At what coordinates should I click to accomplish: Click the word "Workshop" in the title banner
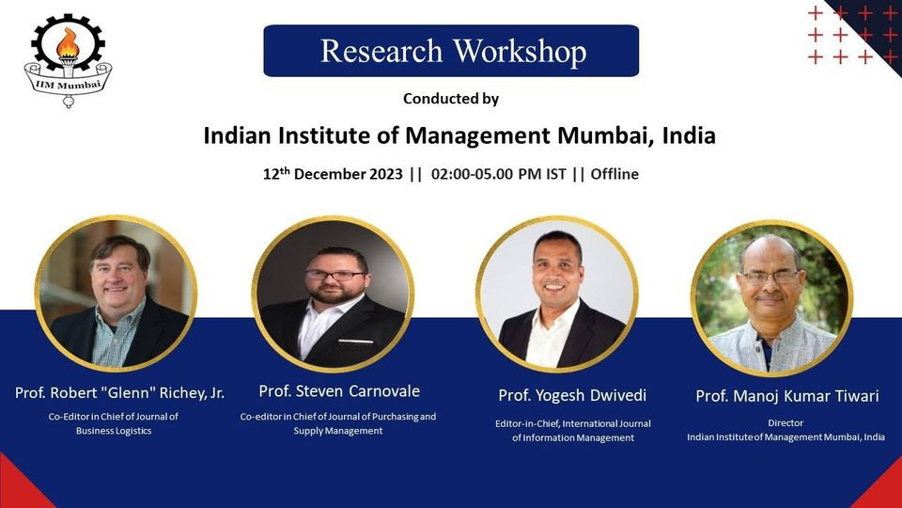pos(520,51)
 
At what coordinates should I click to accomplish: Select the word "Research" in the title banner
pos(381,51)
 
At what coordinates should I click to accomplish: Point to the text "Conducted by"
pos(451,99)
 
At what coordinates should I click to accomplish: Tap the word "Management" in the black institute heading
pos(477,135)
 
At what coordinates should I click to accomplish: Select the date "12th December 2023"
pos(333,173)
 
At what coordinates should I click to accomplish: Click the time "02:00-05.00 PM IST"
pos(499,174)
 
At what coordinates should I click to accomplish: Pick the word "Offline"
pos(614,174)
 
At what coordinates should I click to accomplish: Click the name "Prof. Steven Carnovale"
pos(339,391)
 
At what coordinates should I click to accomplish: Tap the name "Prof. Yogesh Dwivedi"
pos(572,395)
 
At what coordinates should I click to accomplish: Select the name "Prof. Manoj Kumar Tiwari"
pos(787,396)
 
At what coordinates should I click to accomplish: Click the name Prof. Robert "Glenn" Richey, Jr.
pos(119,393)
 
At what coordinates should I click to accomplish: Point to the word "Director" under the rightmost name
pos(785,422)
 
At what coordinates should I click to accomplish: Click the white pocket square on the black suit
pos(355,341)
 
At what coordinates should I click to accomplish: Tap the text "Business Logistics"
pos(114,431)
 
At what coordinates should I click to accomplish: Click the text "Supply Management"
pos(338,431)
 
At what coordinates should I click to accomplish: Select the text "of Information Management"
pos(573,437)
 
